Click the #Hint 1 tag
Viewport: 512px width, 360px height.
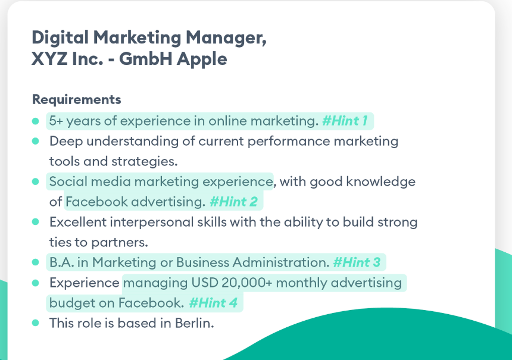pyautogui.click(x=345, y=121)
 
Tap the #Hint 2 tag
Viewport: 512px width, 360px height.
pyautogui.click(x=233, y=202)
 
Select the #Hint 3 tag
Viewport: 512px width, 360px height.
pyautogui.click(x=357, y=262)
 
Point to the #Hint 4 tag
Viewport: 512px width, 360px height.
pyautogui.click(x=213, y=303)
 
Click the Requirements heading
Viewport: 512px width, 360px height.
pyautogui.click(x=77, y=99)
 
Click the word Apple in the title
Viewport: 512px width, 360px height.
pyautogui.click(x=202, y=60)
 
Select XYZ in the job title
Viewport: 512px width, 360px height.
pyautogui.click(x=49, y=59)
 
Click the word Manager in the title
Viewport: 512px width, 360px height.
pyautogui.click(x=226, y=38)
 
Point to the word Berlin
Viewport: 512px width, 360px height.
pyautogui.click(x=195, y=323)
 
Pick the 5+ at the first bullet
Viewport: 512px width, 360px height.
pyautogui.click(x=56, y=121)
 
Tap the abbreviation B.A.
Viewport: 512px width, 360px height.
pyautogui.click(x=62, y=262)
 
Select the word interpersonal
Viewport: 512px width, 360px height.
pyautogui.click(x=152, y=223)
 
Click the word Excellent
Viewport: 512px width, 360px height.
pyautogui.click(x=78, y=223)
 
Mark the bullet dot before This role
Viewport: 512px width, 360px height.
pyautogui.click(x=36, y=323)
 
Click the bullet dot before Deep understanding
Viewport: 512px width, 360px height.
pyautogui.click(x=36, y=141)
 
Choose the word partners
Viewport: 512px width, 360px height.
pyautogui.click(x=120, y=243)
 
